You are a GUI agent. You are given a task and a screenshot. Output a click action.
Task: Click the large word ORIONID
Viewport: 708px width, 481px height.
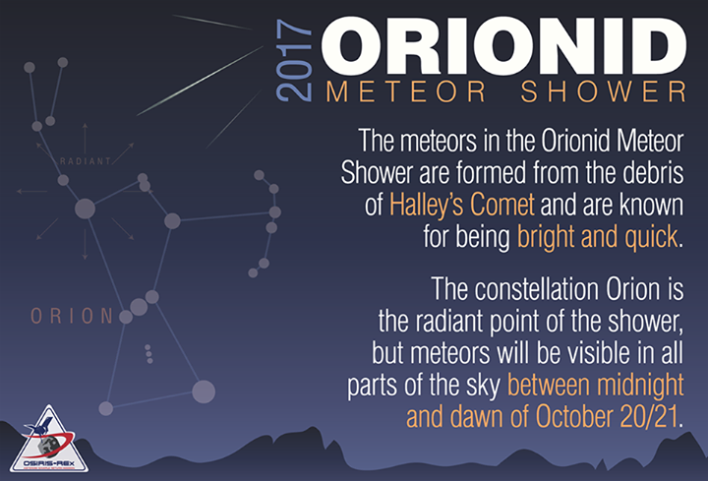coord(502,44)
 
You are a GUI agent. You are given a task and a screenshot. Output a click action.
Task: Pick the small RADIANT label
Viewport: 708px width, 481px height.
coord(85,161)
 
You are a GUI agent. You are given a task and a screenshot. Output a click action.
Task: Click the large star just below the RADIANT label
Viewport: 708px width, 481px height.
coord(86,209)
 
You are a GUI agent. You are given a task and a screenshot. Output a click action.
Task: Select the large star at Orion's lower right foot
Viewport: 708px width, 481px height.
coord(204,391)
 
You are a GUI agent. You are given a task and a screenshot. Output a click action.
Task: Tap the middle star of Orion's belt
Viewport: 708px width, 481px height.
coord(139,307)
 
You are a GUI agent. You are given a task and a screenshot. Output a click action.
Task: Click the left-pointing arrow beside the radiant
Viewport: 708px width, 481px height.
coord(31,191)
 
